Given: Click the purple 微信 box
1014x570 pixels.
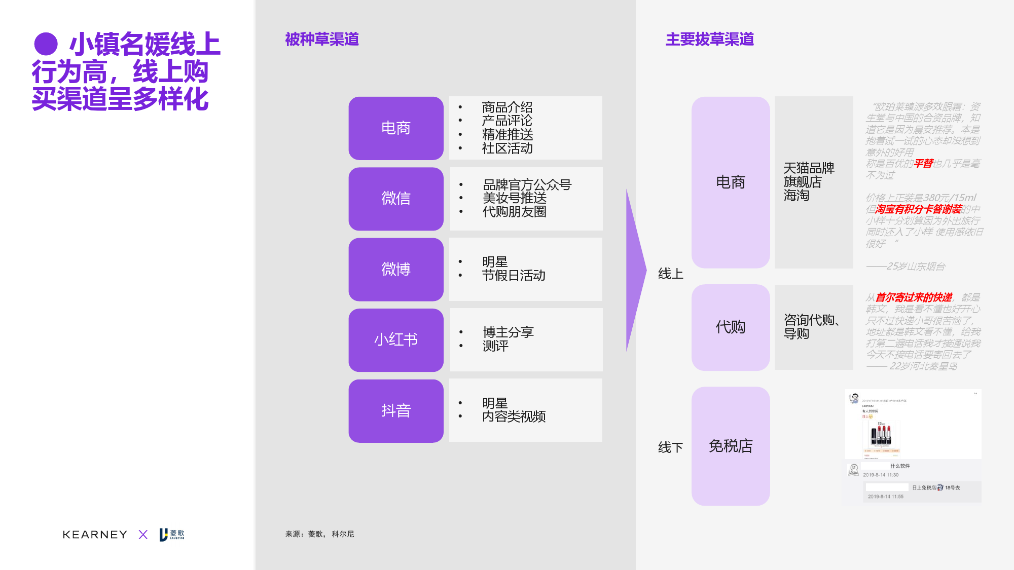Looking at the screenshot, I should pyautogui.click(x=395, y=199).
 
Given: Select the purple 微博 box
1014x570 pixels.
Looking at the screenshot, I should pyautogui.click(x=395, y=269).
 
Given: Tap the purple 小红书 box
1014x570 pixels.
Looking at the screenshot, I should pyautogui.click(x=395, y=339).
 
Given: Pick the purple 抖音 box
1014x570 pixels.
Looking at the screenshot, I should pyautogui.click(x=395, y=410).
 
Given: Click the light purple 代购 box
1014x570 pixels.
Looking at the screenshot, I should pyautogui.click(x=730, y=327).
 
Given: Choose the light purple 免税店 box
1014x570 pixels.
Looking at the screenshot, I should pyautogui.click(x=730, y=446).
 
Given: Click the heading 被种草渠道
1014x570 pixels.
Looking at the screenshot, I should pyautogui.click(x=322, y=40).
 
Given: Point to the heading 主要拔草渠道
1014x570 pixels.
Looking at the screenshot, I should pyautogui.click(x=709, y=40).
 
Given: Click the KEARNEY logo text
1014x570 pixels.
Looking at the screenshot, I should pyautogui.click(x=95, y=535).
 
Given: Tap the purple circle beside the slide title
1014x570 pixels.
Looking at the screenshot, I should pyautogui.click(x=46, y=44).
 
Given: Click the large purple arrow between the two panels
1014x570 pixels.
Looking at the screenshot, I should pyautogui.click(x=635, y=270).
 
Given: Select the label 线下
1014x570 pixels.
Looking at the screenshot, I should pyautogui.click(x=670, y=447).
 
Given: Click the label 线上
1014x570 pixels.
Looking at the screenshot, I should pyautogui.click(x=670, y=274).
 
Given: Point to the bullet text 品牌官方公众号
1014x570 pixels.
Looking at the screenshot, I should pyautogui.click(x=527, y=185).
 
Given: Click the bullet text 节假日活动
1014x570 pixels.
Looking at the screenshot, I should pyautogui.click(x=514, y=276).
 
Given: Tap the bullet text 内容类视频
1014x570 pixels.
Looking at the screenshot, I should pyautogui.click(x=514, y=416).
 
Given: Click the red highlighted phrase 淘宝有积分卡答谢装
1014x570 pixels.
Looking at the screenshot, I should pyautogui.click(x=918, y=209).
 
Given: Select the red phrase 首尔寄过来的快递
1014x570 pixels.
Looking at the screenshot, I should pyautogui.click(x=914, y=297).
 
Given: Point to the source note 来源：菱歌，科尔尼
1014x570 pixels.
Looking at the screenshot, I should pyautogui.click(x=319, y=534).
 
